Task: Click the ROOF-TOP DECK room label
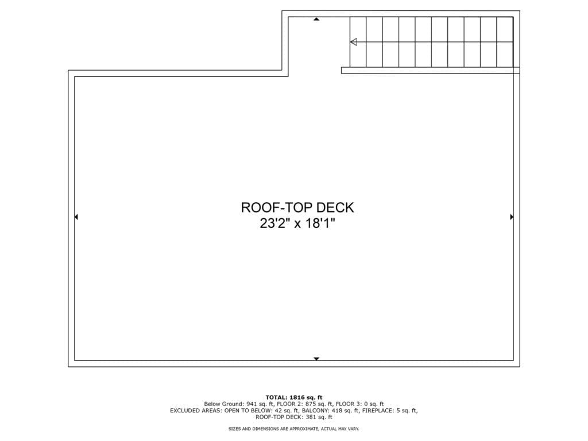point(297,207)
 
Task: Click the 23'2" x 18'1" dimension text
point(297,223)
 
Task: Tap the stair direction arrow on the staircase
point(354,42)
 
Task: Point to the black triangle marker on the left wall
point(76,216)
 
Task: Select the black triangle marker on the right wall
point(512,216)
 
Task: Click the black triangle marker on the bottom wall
point(316,359)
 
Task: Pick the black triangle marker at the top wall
point(316,19)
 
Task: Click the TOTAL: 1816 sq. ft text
point(294,397)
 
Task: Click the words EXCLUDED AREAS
point(195,411)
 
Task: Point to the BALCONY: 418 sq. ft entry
point(330,411)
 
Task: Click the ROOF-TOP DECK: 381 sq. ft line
point(294,417)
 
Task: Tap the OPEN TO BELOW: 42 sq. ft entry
point(262,411)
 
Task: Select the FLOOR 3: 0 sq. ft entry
point(359,404)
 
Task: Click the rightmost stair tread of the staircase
point(505,42)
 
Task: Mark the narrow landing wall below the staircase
point(431,70)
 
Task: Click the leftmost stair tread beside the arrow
point(358,42)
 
